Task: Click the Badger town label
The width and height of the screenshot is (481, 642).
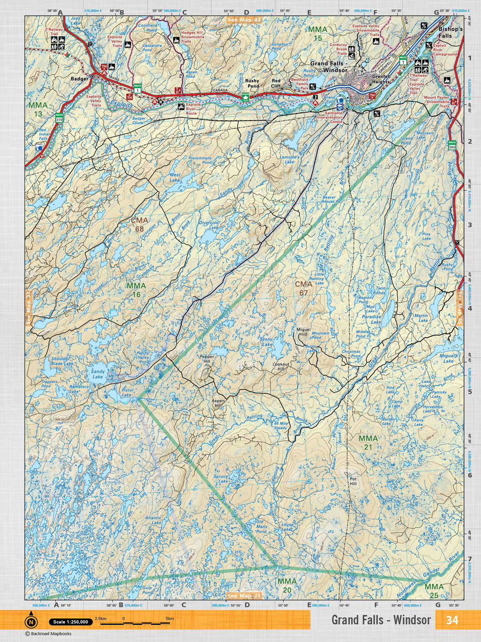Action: pyautogui.click(x=79, y=79)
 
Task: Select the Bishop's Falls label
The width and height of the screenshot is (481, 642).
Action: pyautogui.click(x=450, y=33)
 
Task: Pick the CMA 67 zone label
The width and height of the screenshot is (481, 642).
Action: pyautogui.click(x=303, y=288)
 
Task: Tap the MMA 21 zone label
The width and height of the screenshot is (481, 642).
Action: pyautogui.click(x=368, y=443)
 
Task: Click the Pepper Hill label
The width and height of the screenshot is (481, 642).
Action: pyautogui.click(x=207, y=359)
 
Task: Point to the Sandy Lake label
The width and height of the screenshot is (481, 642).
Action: pyautogui.click(x=97, y=374)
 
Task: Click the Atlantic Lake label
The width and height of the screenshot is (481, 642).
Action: pyautogui.click(x=154, y=520)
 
